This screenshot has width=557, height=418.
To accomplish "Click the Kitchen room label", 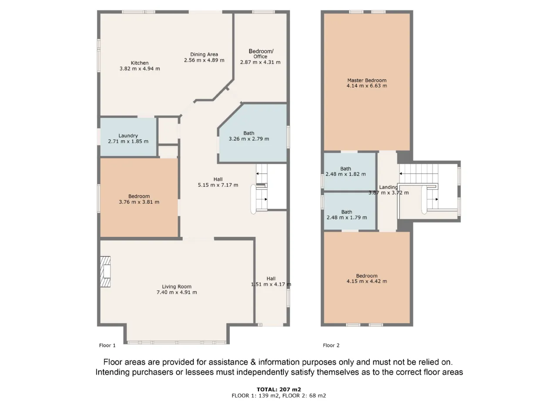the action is (140, 63).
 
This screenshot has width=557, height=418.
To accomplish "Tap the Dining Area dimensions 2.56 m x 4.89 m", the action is (204, 60).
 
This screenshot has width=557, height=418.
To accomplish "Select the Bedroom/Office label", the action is (261, 54).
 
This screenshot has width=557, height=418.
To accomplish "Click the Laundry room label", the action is (128, 136).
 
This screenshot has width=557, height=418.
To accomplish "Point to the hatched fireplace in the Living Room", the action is (105, 272).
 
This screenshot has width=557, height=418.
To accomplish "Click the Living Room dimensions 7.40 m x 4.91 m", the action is (177, 292).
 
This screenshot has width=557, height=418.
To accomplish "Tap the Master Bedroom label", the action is (367, 80).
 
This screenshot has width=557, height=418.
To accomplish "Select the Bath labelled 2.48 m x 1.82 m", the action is (346, 172).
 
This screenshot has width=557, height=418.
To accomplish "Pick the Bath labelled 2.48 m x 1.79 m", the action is (347, 215).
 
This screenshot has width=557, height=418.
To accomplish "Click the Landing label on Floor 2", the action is (388, 187).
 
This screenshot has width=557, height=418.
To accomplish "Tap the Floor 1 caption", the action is (107, 345).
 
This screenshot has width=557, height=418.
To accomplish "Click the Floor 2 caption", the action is (331, 345).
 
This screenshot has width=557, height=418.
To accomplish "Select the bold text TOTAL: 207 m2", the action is (278, 389).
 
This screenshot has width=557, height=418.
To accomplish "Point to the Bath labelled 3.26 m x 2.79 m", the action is (248, 136).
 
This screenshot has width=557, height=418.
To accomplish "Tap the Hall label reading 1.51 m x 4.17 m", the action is (271, 281).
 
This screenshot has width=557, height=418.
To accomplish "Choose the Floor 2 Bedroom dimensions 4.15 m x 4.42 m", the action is (367, 281).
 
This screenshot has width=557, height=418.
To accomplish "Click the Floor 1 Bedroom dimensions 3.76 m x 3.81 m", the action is (139, 202).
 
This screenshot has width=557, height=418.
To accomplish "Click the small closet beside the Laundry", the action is (168, 131).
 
